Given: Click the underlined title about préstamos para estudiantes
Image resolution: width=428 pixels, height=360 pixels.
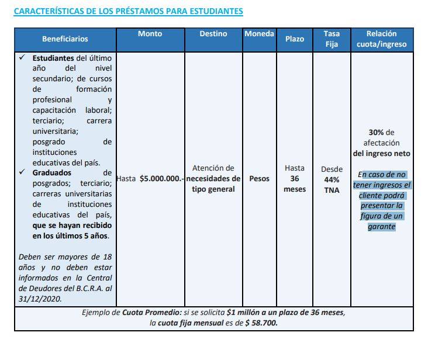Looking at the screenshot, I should pos(128,11).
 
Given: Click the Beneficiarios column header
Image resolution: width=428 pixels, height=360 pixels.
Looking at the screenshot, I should pos(65,39).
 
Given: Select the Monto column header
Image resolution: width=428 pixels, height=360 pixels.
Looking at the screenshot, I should pos(150,34).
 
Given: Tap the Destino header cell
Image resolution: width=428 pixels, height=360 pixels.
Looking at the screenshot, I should pos(213,34).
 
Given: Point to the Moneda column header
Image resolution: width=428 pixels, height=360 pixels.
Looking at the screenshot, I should pos(259,34).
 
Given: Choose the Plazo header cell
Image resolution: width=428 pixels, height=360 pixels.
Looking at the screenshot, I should pos(294,39).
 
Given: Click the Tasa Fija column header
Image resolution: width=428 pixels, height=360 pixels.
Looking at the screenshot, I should pos(332,39).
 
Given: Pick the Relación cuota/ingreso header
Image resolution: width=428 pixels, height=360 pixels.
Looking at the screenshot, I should pos(381,39).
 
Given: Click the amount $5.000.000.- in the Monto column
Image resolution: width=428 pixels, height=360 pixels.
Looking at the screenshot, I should pos(161,179).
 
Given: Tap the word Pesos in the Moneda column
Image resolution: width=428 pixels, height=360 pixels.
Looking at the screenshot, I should pos(259,179).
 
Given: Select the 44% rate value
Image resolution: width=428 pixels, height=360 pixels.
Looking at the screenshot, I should pos(332,179).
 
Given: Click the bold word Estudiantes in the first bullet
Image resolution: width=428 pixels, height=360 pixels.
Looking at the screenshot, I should pos(53,58).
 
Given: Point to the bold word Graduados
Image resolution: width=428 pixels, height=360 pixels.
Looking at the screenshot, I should pos(52,173).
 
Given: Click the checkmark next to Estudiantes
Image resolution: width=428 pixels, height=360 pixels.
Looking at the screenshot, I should pos(22,58).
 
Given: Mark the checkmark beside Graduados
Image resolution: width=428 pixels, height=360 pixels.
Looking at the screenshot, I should pos(22,173).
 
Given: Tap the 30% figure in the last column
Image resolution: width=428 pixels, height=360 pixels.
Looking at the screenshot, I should pos(376,133).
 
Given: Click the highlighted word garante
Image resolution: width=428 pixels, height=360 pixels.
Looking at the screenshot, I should pos(381,227).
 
